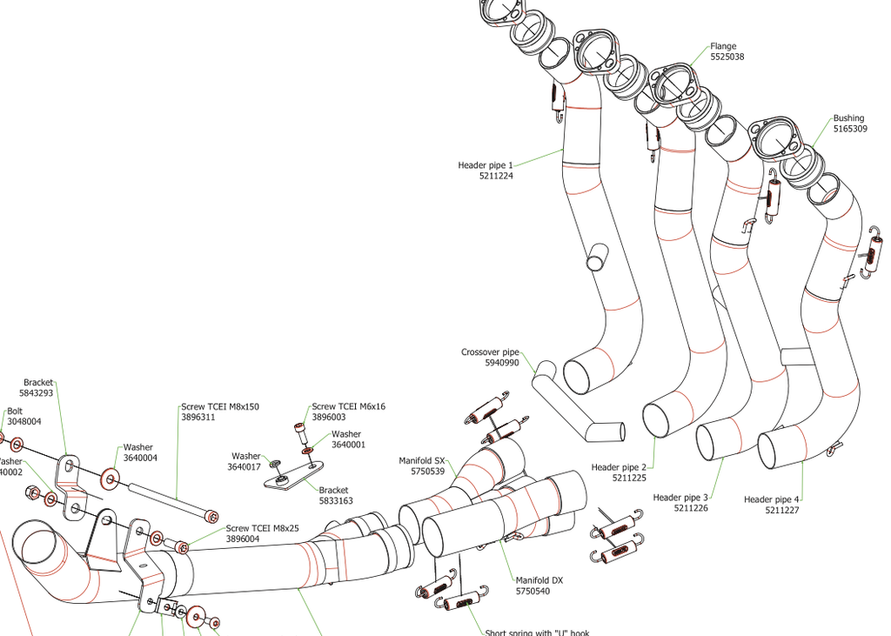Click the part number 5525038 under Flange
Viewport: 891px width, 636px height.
pos(727,57)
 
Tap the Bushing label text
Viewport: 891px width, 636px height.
pos(848,118)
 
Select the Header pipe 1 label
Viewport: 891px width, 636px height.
pos(486,164)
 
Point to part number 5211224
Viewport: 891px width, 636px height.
pos(496,176)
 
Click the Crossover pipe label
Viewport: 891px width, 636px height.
pos(490,352)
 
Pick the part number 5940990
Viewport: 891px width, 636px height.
pos(502,363)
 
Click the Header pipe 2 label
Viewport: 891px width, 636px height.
pos(619,467)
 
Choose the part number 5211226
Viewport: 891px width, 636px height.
pos(691,508)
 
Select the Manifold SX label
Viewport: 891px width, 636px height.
pos(422,460)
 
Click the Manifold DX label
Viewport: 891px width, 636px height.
pos(539,580)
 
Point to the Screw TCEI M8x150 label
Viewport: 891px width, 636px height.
pos(220,406)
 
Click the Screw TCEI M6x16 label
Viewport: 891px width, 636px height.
pos(348,406)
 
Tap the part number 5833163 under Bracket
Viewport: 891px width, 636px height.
pos(336,501)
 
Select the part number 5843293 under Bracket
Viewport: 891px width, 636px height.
pos(38,393)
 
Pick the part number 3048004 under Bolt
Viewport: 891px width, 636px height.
pos(24,422)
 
